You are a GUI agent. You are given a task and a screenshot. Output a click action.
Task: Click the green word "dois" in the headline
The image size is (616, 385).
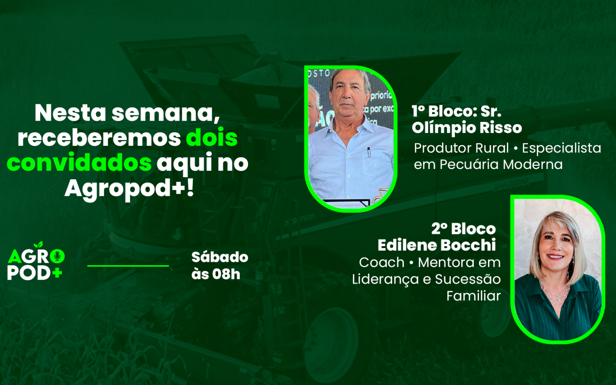pyautogui.click(x=212, y=138)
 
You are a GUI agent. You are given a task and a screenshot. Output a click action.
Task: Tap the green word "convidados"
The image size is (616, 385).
pyautogui.click(x=79, y=163)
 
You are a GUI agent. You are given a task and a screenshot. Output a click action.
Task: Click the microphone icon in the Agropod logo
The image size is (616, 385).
pyautogui.click(x=57, y=256)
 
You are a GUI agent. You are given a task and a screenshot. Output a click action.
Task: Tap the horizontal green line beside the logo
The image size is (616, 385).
pyautogui.click(x=128, y=266)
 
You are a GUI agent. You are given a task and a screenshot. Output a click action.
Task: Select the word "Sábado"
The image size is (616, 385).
pyautogui.click(x=220, y=257)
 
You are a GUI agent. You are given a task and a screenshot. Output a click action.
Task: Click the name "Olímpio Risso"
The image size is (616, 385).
pyautogui.click(x=467, y=128)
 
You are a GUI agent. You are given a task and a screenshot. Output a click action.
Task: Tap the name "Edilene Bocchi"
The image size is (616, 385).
pyautogui.click(x=436, y=245)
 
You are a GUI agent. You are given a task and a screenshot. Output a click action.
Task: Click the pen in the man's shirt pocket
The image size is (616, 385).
pyautogui.click(x=369, y=152)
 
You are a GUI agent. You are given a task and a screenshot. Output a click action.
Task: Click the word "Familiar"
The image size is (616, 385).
pyautogui.click(x=473, y=296)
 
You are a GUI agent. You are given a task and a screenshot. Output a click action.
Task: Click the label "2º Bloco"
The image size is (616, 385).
pyautogui.click(x=463, y=229)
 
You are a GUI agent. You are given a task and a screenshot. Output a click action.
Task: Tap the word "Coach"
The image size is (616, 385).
pyautogui.click(x=382, y=263)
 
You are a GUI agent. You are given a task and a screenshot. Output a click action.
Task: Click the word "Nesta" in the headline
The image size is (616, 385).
pyautogui.click(x=70, y=113)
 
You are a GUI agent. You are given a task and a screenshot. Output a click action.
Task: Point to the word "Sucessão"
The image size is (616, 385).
pyautogui.click(x=468, y=280)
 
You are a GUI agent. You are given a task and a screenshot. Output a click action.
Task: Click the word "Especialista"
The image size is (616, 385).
pyautogui.click(x=562, y=148)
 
